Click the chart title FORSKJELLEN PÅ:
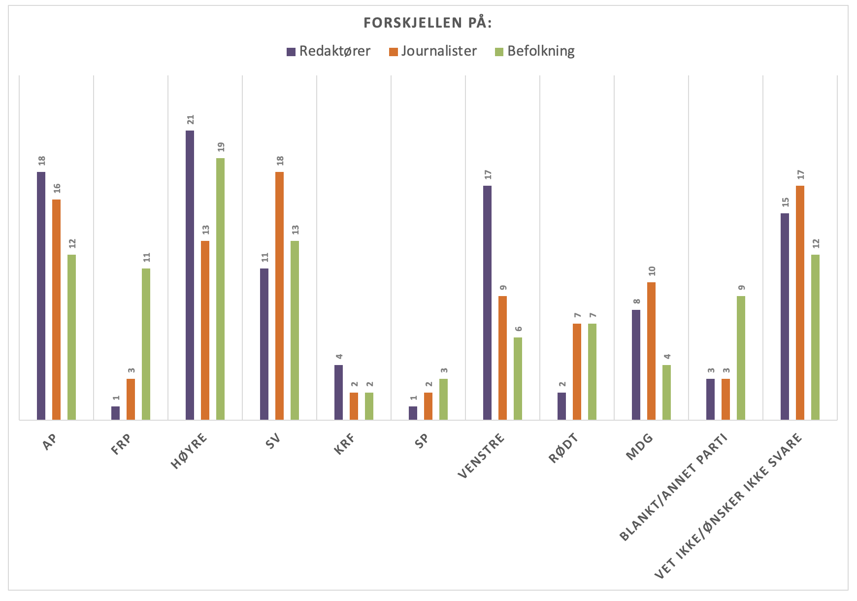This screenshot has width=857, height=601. (x=428, y=23)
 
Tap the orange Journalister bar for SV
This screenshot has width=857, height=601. (x=279, y=296)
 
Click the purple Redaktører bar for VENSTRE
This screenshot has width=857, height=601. (x=487, y=302)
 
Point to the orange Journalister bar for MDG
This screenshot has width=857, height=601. (x=651, y=351)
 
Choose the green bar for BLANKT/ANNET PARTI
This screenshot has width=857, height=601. (x=741, y=358)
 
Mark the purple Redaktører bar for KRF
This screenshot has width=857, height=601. (x=338, y=392)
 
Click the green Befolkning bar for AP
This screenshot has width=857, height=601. (x=71, y=337)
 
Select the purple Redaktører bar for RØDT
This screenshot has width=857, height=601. (x=561, y=406)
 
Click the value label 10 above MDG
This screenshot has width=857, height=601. (x=652, y=271)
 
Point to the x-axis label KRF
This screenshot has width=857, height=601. (x=345, y=443)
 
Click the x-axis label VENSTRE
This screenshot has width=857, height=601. (x=482, y=455)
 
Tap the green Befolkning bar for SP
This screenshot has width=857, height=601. (x=443, y=399)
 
